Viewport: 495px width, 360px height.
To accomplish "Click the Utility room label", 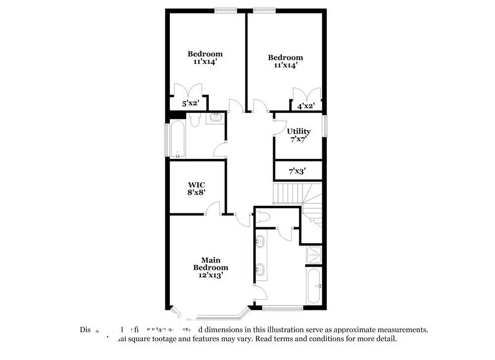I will [299, 131].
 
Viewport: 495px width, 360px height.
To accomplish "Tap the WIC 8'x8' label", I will [197, 188].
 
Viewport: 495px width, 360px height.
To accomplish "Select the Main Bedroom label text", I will [211, 267].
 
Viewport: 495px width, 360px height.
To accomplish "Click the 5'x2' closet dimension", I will [191, 103].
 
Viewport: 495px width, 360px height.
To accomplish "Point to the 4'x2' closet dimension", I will [306, 105].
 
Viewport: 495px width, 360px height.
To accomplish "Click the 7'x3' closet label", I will [297, 171].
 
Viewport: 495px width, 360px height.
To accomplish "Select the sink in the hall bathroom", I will [216, 118].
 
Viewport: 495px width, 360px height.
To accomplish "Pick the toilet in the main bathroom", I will [263, 216].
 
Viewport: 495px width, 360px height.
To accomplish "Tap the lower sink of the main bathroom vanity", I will [260, 270].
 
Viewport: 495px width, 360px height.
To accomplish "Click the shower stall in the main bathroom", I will [314, 255].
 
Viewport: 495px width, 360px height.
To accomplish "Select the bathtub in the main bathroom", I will [314, 286].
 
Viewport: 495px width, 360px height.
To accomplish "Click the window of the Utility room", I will [325, 126].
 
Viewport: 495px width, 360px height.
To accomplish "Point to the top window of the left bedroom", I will [225, 9].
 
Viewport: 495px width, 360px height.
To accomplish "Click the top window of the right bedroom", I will [264, 9].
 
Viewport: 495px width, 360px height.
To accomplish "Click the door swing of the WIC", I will [213, 208].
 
